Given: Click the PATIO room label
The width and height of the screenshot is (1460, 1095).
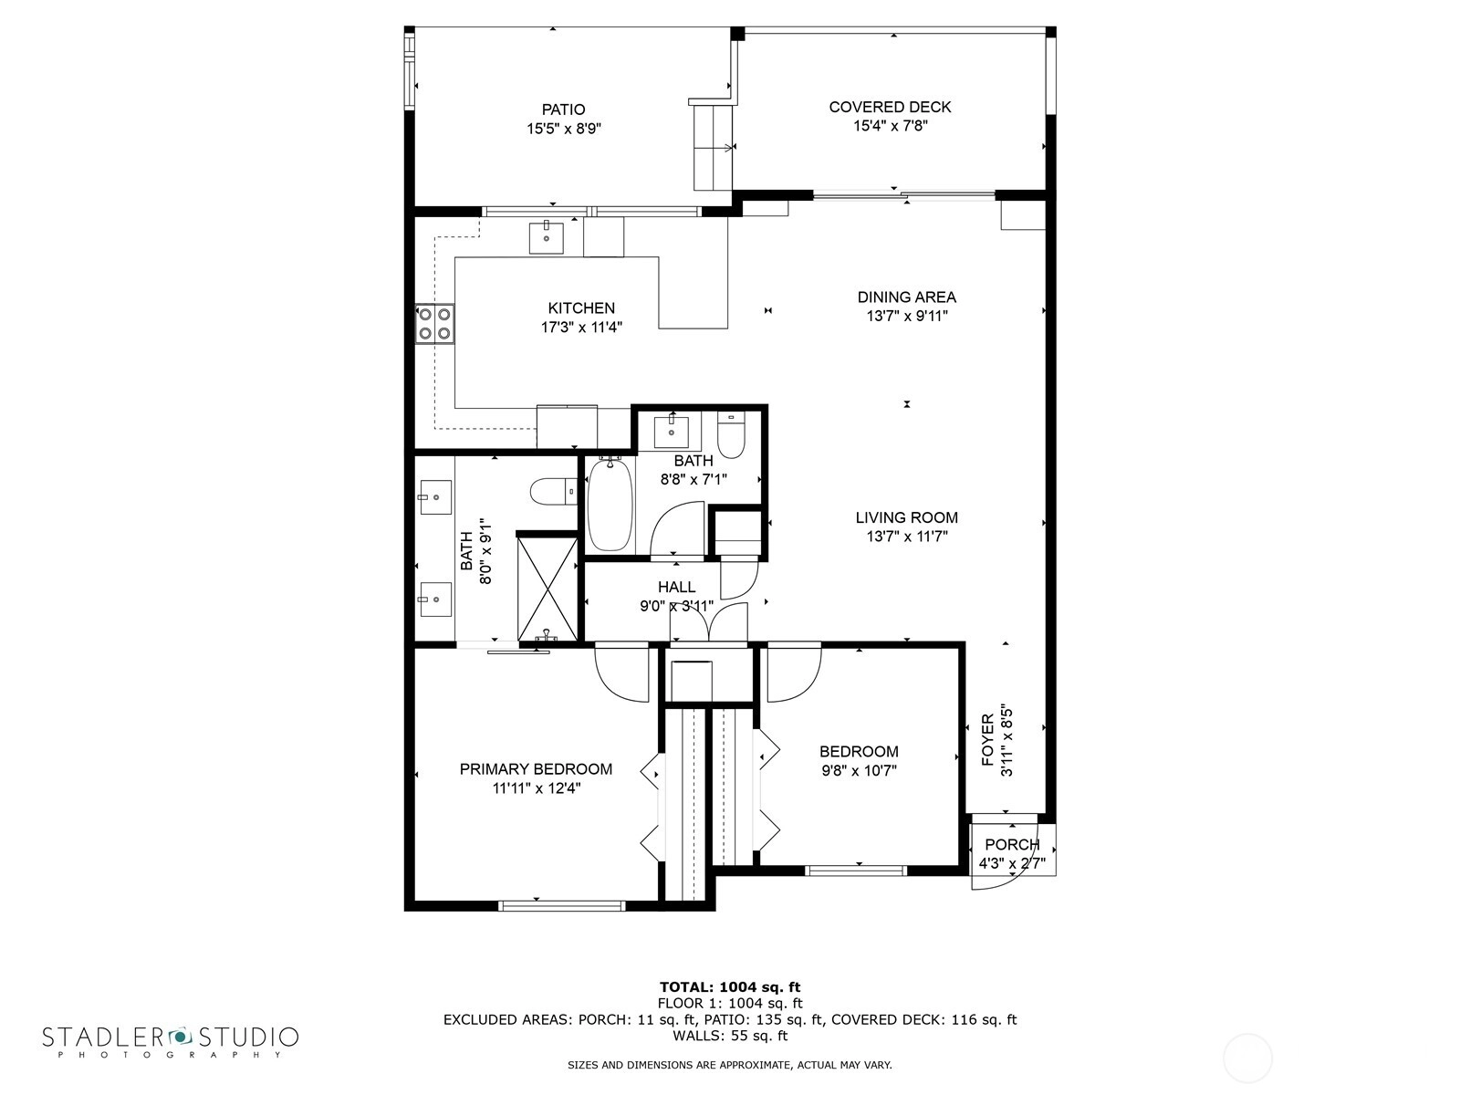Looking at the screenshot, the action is click(x=563, y=109).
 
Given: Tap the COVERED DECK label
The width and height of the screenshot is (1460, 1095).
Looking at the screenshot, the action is click(x=890, y=107).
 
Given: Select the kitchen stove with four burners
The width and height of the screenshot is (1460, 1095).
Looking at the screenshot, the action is click(x=435, y=324).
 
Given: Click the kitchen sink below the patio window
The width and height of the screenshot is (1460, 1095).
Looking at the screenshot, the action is click(x=546, y=237).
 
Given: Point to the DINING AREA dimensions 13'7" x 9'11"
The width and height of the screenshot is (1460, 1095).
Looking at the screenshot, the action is click(x=907, y=316).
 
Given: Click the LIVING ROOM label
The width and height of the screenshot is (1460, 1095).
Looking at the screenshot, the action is click(x=907, y=517).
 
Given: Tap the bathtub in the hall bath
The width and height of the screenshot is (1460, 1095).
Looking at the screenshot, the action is click(x=610, y=504).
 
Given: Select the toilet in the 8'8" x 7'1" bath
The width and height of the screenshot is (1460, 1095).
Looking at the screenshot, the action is click(x=732, y=436).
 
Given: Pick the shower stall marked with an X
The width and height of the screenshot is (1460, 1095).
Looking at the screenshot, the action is click(x=547, y=589).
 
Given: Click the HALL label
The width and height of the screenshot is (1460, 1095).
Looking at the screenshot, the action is click(x=676, y=587).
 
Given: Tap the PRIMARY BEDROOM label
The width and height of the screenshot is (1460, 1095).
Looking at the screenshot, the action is click(x=536, y=769).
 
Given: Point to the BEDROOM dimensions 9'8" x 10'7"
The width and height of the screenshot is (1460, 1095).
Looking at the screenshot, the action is click(x=859, y=770).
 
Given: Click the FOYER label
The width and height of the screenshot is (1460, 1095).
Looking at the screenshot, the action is click(x=987, y=739).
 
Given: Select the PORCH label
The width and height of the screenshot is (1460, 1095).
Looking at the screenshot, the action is click(x=1012, y=844).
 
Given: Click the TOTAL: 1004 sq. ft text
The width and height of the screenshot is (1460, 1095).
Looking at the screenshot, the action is click(x=730, y=986).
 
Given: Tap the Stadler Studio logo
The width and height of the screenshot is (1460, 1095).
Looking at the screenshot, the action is click(x=171, y=1041).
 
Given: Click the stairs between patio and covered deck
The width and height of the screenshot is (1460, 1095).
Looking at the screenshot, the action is click(x=713, y=146).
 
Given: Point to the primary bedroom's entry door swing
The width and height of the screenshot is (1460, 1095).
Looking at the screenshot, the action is click(x=622, y=673).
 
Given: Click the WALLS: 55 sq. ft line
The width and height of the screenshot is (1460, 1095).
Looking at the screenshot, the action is click(x=730, y=1035).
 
